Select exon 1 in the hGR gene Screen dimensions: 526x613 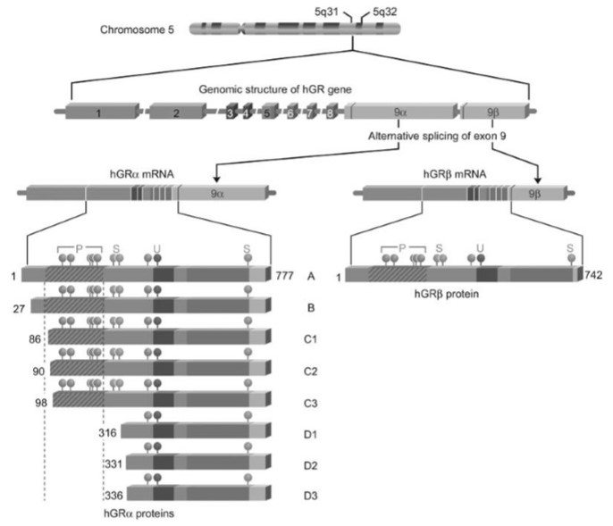tap(98, 113)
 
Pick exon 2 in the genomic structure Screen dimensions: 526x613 tap(175, 113)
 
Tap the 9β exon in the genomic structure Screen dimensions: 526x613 tap(492, 113)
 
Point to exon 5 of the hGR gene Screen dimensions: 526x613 tap(265, 113)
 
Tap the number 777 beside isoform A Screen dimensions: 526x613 tap(283, 275)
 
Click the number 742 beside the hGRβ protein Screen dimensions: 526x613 tap(595, 275)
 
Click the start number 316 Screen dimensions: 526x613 tap(110, 432)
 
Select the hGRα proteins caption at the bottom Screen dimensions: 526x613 tap(139, 514)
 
